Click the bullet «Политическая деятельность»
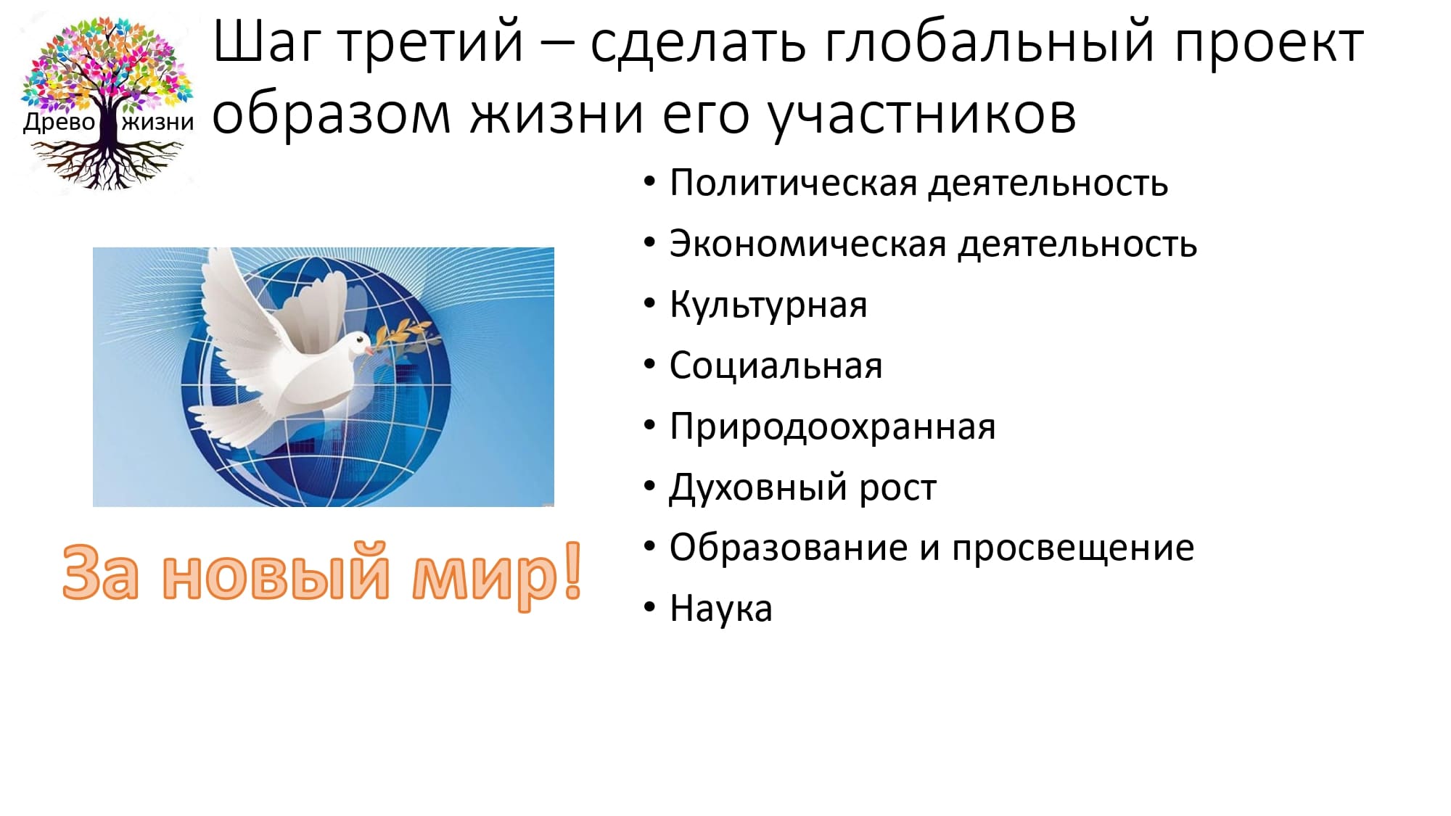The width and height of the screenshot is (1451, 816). (918, 183)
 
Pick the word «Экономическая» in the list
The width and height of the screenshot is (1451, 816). (807, 244)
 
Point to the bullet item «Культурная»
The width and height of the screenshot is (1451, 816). (768, 305)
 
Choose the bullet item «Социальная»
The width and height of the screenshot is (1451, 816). (776, 366)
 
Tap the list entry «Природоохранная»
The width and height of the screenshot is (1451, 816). (832, 426)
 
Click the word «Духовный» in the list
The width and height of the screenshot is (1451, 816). (757, 487)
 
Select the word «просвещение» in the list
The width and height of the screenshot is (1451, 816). (1073, 548)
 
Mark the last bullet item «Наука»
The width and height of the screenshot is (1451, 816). (720, 609)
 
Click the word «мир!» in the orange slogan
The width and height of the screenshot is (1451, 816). (497, 572)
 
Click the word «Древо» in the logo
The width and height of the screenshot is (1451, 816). (59, 122)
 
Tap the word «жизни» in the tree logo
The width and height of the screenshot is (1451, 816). (158, 122)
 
